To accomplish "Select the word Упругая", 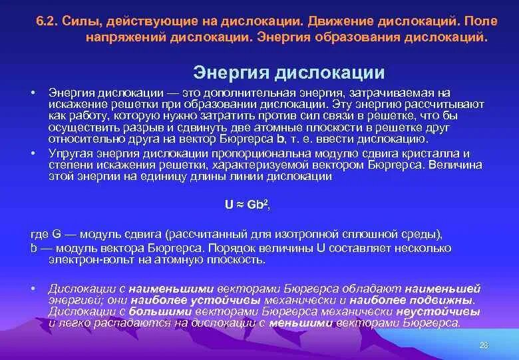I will tap(69, 153).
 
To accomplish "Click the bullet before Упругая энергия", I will tap(33, 153).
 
